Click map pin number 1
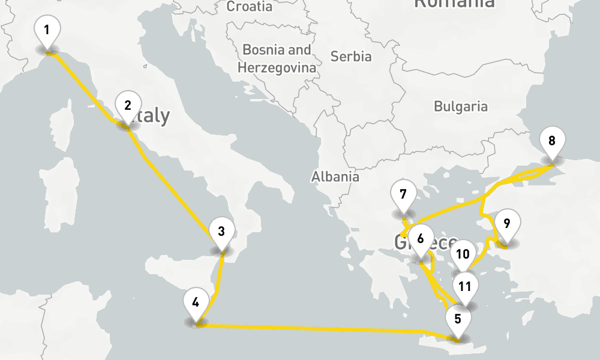click(47, 29)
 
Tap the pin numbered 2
click(127, 106)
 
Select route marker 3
click(221, 231)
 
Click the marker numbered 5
click(458, 319)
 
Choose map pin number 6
click(420, 239)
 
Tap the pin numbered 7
click(403, 194)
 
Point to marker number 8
click(552, 142)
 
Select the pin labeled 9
click(507, 224)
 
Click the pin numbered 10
click(462, 254)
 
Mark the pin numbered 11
click(465, 286)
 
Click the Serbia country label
click(351, 57)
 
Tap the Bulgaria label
click(461, 107)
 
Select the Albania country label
click(335, 176)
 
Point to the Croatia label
click(250, 7)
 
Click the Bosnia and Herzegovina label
click(277, 58)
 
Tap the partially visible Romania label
click(454, 4)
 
